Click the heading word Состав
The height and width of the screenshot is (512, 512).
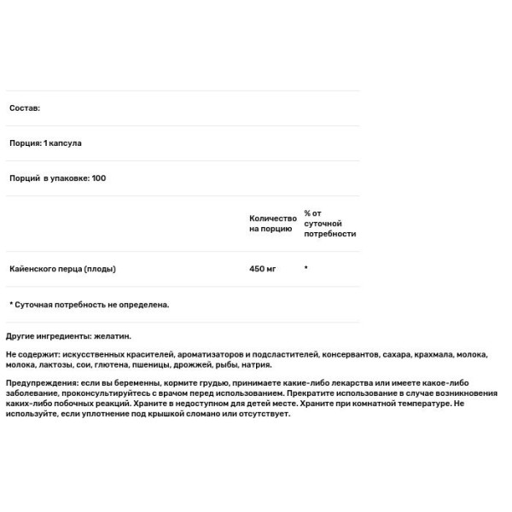[24, 108]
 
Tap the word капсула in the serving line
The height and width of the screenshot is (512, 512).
[65, 143]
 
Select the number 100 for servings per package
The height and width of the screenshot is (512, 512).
[98, 178]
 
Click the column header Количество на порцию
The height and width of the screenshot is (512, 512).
[272, 224]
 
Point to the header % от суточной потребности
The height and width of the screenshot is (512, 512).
[329, 223]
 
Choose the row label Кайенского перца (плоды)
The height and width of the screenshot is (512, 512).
[62, 269]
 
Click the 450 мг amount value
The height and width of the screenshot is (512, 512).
[264, 269]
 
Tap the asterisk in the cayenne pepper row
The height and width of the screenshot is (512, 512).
[305, 269]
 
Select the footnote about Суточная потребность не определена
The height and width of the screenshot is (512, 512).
[90, 304]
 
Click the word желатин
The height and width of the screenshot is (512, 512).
[114, 336]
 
